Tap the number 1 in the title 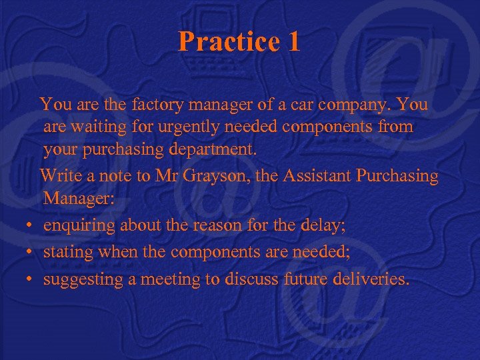(293, 42)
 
